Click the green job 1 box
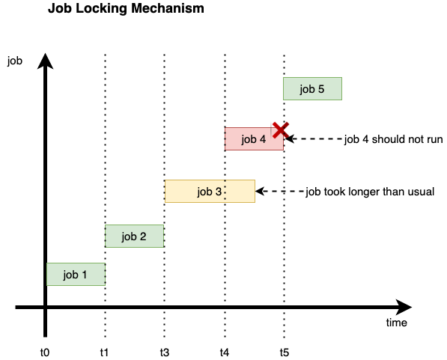pyautogui.click(x=76, y=274)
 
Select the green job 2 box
pyautogui.click(x=134, y=236)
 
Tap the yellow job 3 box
pyautogui.click(x=210, y=192)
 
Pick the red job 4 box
pyautogui.click(x=254, y=138)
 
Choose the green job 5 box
pyautogui.click(x=312, y=88)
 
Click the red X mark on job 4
pyautogui.click(x=281, y=130)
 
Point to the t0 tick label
pyautogui.click(x=45, y=353)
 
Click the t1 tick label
pyautogui.click(x=104, y=353)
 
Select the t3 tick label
pyautogui.click(x=165, y=353)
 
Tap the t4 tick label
pyautogui.click(x=225, y=353)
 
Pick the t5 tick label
pyautogui.click(x=285, y=353)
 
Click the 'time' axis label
pyautogui.click(x=397, y=323)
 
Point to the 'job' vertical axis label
pyautogui.click(x=15, y=61)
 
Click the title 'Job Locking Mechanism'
pyautogui.click(x=126, y=8)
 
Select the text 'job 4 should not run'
pyautogui.click(x=393, y=139)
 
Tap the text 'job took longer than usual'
pyautogui.click(x=370, y=192)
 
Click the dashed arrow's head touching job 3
pyautogui.click(x=259, y=192)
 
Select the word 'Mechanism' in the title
pyautogui.click(x=168, y=8)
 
